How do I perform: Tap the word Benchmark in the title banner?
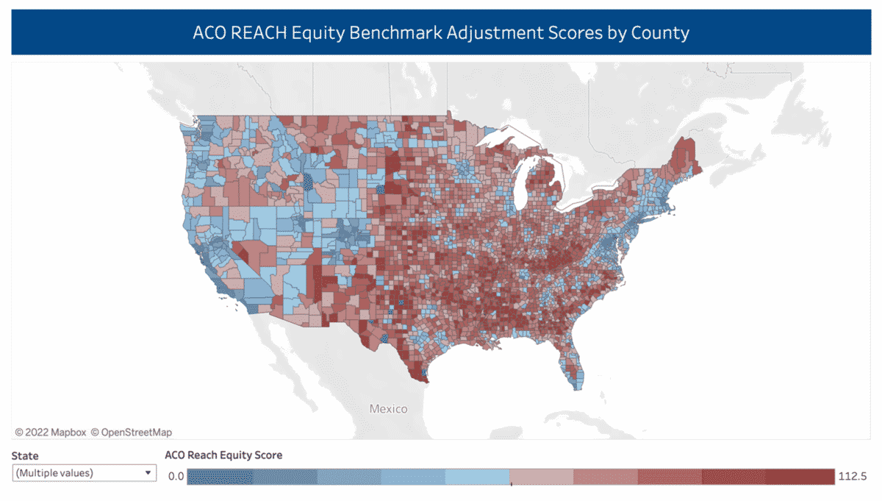point(392,33)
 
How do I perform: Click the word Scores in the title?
point(581,33)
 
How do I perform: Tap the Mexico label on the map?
point(387,408)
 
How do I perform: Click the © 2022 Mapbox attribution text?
point(50,432)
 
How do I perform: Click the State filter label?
point(25,456)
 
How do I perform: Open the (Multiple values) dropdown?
point(81,473)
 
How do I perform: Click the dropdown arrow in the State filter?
point(148,473)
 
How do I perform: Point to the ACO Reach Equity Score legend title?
point(223,455)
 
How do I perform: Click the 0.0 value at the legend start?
point(176,477)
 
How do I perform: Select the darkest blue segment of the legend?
point(219,477)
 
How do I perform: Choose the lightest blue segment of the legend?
point(478,477)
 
